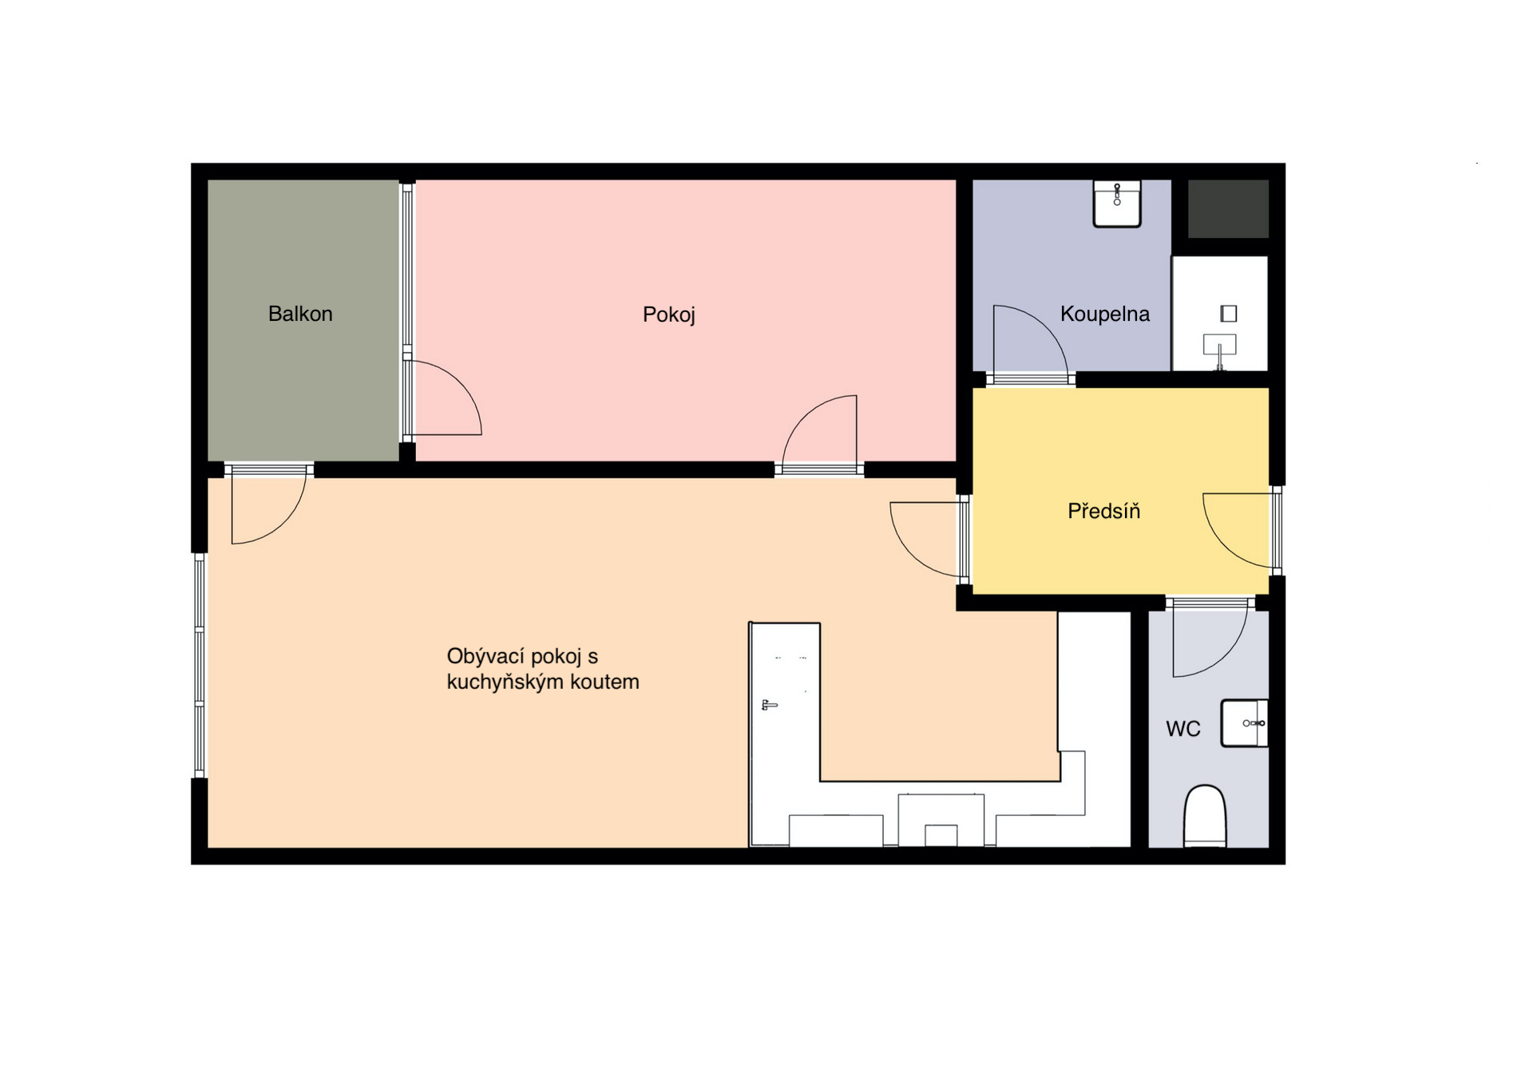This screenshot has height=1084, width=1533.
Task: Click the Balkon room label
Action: pyautogui.click(x=300, y=314)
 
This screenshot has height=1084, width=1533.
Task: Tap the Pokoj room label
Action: pyautogui.click(x=669, y=315)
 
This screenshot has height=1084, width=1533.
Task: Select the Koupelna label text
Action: pyautogui.click(x=1105, y=315)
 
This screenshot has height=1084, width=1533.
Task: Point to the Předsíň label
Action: pyautogui.click(x=1104, y=511)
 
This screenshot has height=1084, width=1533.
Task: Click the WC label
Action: pyautogui.click(x=1183, y=729)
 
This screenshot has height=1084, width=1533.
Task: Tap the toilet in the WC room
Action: pyautogui.click(x=1205, y=816)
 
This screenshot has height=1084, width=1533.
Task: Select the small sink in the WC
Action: pyautogui.click(x=1245, y=723)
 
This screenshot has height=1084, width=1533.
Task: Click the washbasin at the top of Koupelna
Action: pyautogui.click(x=1117, y=204)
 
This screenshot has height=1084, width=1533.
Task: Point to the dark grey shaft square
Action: pyautogui.click(x=1228, y=209)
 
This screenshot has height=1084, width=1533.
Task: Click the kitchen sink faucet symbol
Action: pyautogui.click(x=769, y=705)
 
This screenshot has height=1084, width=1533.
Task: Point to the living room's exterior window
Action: pyautogui.click(x=200, y=666)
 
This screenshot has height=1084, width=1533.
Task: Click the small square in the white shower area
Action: pyautogui.click(x=1229, y=314)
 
